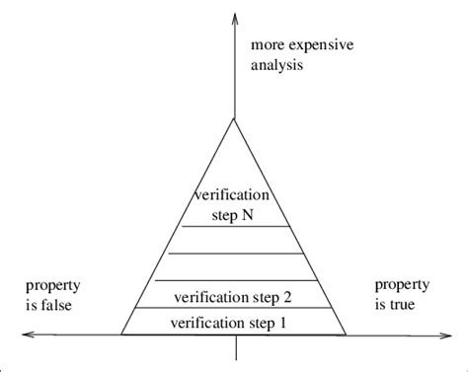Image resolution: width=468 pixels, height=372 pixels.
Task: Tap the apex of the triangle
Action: point(234,118)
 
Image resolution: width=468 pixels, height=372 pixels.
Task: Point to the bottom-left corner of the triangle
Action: point(121,335)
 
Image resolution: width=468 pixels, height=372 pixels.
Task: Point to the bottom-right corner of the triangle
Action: point(347,335)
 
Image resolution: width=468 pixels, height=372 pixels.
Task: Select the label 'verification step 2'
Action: point(234,295)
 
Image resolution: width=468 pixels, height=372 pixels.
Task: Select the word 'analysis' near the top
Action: point(276,66)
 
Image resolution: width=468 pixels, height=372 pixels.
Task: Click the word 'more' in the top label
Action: point(268,46)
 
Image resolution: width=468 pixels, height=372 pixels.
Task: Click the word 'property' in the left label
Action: point(51,286)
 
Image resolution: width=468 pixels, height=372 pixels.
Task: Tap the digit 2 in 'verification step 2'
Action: point(290,295)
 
